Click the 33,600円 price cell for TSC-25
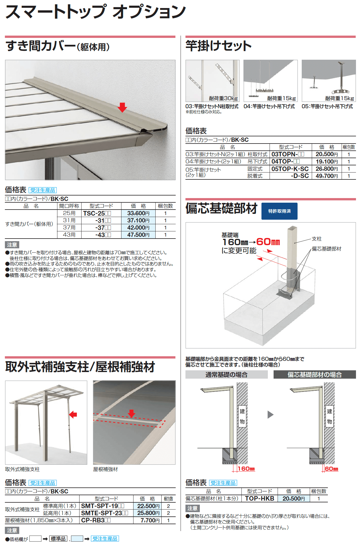[x=138, y=213]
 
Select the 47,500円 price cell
[x=138, y=235]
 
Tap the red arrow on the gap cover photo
[x=123, y=107]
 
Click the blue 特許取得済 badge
[x=279, y=211]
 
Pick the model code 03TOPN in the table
[x=288, y=154]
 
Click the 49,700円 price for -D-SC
[x=327, y=176]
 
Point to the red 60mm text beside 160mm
[x=268, y=242]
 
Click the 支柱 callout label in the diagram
[x=317, y=239]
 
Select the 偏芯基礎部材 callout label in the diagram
[x=327, y=249]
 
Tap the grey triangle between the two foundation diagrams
[x=270, y=415]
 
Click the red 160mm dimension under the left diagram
[x=246, y=469]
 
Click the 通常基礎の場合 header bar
[x=227, y=375]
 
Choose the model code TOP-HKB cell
[x=260, y=499]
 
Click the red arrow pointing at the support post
[x=73, y=414]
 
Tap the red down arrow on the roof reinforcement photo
[x=131, y=413]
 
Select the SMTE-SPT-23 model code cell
[x=104, y=513]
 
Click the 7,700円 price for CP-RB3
[x=150, y=520]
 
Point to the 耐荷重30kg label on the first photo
[x=223, y=98]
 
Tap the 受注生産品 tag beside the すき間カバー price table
[x=43, y=190]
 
